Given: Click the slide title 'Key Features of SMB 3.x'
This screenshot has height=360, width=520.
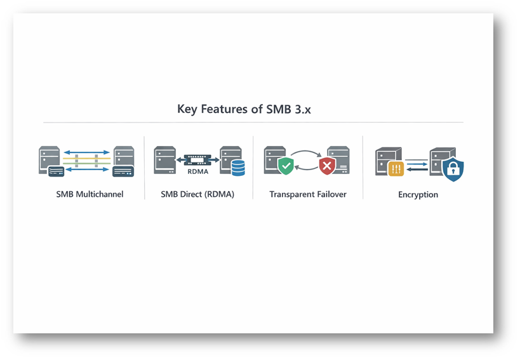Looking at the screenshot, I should click(x=252, y=109).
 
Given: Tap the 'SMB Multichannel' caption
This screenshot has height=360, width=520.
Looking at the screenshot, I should click(x=90, y=194).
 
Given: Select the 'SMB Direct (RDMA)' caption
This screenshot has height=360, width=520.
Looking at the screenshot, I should click(x=197, y=194).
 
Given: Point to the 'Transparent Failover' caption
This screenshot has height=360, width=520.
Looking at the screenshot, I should click(x=308, y=194).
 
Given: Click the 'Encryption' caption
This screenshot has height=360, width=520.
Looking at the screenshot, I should click(x=418, y=194).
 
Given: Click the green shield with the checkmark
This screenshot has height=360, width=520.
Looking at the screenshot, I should click(x=286, y=167).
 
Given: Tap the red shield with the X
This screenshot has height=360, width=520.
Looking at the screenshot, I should click(x=328, y=167).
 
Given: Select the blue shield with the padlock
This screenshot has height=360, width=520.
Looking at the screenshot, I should click(x=453, y=170).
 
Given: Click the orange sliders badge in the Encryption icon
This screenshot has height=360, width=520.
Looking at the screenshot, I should click(x=396, y=168).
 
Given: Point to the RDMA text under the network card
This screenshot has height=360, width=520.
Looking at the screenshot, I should click(x=197, y=171).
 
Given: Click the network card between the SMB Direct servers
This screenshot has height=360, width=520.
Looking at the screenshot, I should click(x=197, y=161).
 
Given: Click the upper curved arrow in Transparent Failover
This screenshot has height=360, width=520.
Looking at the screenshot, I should click(x=307, y=153).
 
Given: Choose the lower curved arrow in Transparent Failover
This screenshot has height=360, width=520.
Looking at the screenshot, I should click(x=307, y=171).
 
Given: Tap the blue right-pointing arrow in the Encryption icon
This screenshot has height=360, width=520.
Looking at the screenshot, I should click(x=417, y=163).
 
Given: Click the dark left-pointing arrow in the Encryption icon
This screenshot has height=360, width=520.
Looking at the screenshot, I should click(x=417, y=170).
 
